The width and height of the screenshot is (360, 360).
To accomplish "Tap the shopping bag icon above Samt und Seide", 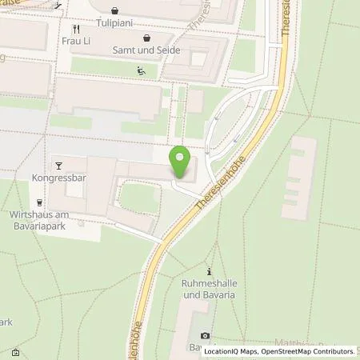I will pos(146,38).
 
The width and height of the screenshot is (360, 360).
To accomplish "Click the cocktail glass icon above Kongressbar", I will pos(58,165).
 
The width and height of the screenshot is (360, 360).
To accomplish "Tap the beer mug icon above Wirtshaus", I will pos(38,202).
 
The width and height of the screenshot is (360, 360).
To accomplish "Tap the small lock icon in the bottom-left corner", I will pos(15,352).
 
